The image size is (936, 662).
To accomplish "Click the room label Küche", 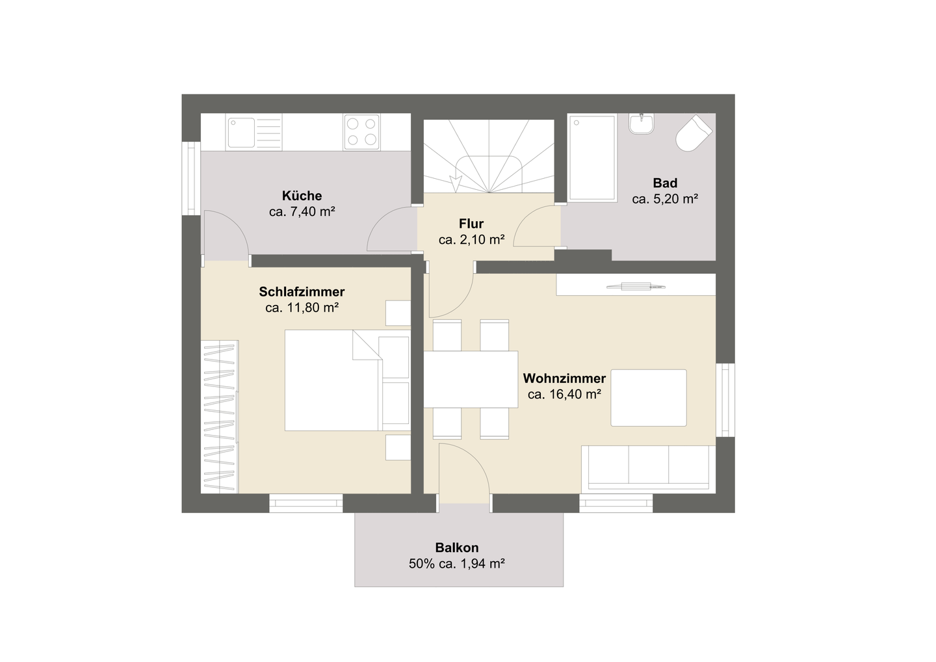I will click(x=302, y=196).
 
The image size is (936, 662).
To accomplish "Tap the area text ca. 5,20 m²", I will click(x=664, y=199).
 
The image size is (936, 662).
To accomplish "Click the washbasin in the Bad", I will click(x=642, y=124).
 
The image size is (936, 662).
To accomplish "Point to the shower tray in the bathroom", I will click(x=591, y=157).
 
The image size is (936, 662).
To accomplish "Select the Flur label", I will click(x=471, y=224).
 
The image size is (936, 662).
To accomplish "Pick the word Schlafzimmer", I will click(x=302, y=292).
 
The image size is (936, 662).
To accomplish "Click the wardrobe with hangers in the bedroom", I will click(x=219, y=416).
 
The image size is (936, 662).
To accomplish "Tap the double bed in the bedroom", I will click(x=333, y=380).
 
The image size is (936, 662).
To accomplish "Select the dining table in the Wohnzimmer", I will click(x=471, y=379).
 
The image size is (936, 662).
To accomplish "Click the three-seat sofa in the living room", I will click(x=647, y=467).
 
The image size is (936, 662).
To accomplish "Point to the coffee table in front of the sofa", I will click(x=648, y=397).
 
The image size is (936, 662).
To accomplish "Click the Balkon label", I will click(x=457, y=548).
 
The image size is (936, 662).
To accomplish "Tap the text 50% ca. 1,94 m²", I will click(x=457, y=564).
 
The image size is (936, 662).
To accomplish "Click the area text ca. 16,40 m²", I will click(x=564, y=394).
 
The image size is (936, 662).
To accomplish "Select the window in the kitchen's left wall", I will click(x=190, y=178).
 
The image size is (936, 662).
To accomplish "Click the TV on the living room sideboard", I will click(x=636, y=285).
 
